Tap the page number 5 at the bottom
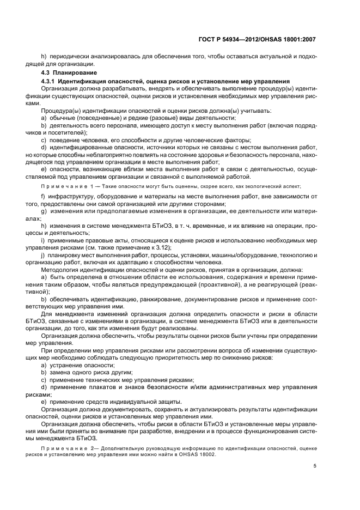(314, 466)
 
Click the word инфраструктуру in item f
(72, 197)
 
